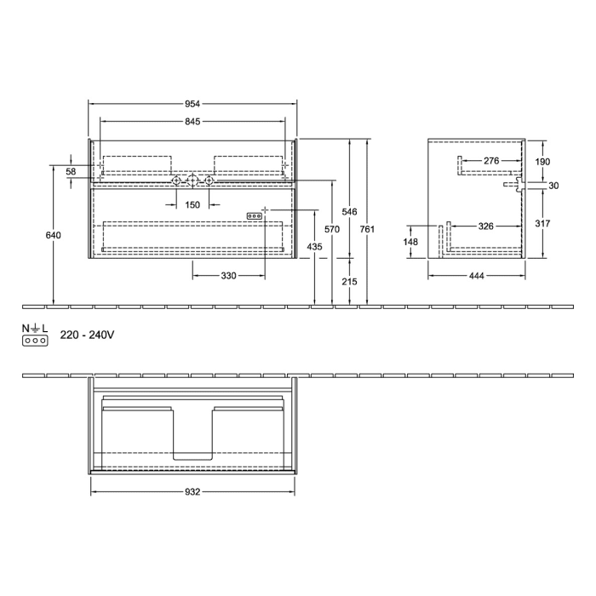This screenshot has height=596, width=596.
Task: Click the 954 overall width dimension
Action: [x=192, y=103]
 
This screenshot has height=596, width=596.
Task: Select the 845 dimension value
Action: [x=192, y=122]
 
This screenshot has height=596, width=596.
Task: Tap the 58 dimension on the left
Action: [x=72, y=172]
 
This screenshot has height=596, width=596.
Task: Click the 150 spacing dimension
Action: [x=192, y=204]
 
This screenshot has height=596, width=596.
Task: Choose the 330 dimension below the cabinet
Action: [x=228, y=276]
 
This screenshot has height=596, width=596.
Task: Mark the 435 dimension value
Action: [x=315, y=247]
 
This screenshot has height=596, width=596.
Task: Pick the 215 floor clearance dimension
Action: [x=349, y=281]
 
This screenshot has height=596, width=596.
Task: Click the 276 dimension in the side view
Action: [x=491, y=160]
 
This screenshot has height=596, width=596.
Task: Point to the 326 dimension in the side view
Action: [x=485, y=226]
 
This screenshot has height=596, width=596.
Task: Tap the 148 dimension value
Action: [x=411, y=242]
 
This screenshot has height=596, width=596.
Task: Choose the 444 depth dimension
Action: [x=475, y=276]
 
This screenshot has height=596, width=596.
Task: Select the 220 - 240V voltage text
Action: [x=87, y=336]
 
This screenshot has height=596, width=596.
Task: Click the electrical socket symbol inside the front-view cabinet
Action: [x=254, y=216]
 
